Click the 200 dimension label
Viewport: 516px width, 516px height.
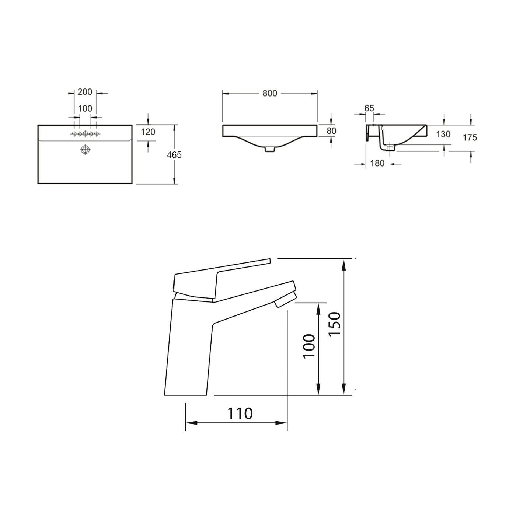pyautogui.click(x=85, y=92)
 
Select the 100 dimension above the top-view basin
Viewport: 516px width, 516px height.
pyautogui.click(x=85, y=109)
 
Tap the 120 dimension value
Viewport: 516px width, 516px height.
pyautogui.click(x=148, y=132)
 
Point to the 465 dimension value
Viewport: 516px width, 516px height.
pyautogui.click(x=174, y=155)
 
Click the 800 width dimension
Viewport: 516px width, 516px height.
pyautogui.click(x=270, y=94)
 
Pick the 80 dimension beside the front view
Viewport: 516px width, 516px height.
pyautogui.click(x=331, y=131)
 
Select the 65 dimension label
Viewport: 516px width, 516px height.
pyautogui.click(x=369, y=108)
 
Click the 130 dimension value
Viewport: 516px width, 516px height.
pyautogui.click(x=443, y=134)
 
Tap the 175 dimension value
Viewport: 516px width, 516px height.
pyautogui.click(x=470, y=137)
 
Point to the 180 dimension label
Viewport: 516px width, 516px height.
pyautogui.click(x=377, y=163)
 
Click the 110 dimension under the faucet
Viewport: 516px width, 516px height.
pyautogui.click(x=240, y=414)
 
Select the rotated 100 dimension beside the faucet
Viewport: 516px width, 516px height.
pyautogui.click(x=309, y=346)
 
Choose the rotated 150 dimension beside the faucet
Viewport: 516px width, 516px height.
pyautogui.click(x=335, y=324)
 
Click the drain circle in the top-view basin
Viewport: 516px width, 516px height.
pyautogui.click(x=85, y=149)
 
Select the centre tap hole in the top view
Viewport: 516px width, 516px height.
pyautogui.click(x=85, y=134)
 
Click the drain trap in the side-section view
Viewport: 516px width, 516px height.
pyautogui.click(x=390, y=147)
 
